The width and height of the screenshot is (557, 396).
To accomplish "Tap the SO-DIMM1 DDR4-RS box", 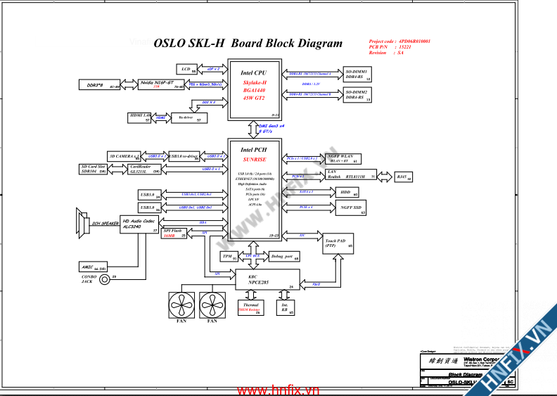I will click(359, 75).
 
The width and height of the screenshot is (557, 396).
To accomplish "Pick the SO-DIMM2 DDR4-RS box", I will click(359, 94).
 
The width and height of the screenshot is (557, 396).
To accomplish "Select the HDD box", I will click(345, 191).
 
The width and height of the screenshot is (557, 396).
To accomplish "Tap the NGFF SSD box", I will click(348, 207).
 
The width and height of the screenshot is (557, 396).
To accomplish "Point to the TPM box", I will click(229, 257).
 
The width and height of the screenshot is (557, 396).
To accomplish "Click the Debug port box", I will click(284, 257).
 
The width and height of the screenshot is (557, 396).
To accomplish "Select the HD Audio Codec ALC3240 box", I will click(140, 224).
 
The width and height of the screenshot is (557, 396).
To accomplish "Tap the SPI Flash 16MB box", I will click(174, 234).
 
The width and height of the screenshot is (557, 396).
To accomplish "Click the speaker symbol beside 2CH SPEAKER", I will click(80, 223).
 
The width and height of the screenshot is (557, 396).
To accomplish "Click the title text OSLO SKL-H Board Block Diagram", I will click(248, 44).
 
